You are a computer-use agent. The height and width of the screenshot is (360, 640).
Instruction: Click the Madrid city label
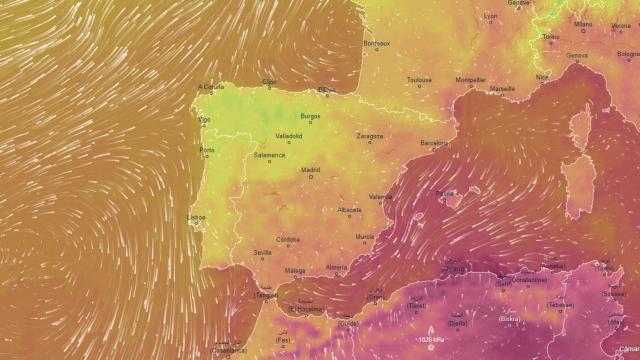311,170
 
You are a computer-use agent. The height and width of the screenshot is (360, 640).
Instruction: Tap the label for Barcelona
435,143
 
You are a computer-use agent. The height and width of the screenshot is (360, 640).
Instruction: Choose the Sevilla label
263,253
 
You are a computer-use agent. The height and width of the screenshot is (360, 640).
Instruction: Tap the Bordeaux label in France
376,43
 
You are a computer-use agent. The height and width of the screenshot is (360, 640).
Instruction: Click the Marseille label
503,88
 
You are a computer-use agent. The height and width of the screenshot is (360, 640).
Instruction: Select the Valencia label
381,197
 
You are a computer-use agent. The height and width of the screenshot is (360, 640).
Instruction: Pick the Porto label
207,151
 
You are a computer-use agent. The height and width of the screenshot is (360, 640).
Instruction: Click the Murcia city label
365,236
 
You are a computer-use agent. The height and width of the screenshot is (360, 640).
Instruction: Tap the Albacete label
349,209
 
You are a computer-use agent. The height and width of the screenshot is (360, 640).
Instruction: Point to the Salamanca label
269,155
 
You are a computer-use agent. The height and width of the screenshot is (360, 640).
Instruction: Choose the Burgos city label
311,116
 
